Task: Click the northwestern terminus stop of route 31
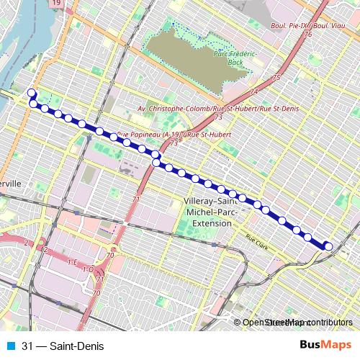coord(31,93)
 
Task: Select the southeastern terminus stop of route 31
coord(328,247)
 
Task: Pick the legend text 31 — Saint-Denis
coord(63,346)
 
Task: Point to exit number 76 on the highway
coord(308,34)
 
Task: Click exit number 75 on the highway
coord(275,76)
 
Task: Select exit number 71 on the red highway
coord(136,199)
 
